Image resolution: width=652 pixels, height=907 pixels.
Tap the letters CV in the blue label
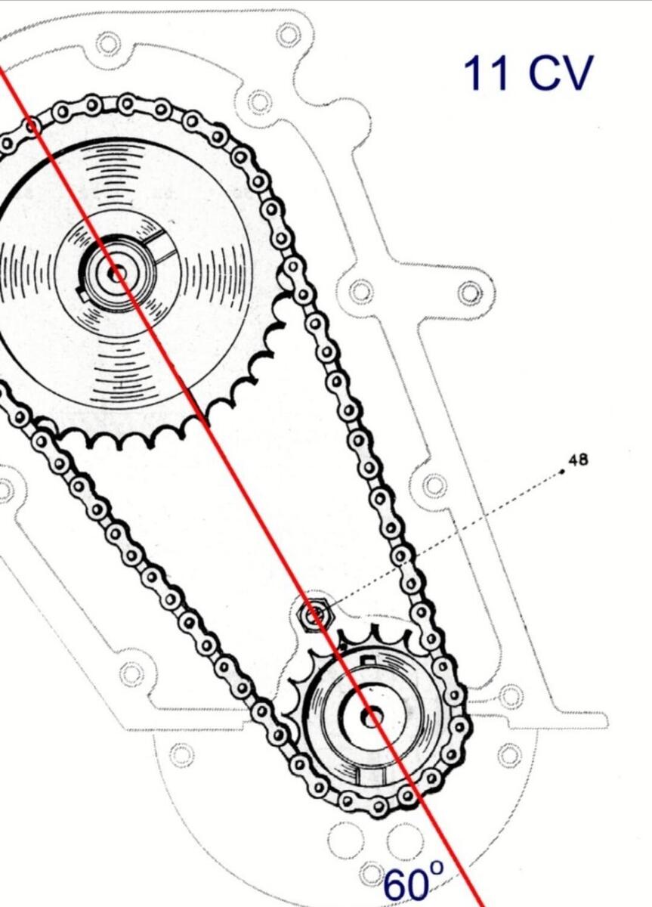point(561,73)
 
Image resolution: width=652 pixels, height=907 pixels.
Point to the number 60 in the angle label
point(406,886)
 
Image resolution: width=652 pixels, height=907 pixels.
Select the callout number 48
point(579,460)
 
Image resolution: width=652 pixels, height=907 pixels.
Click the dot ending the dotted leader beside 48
point(562,472)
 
